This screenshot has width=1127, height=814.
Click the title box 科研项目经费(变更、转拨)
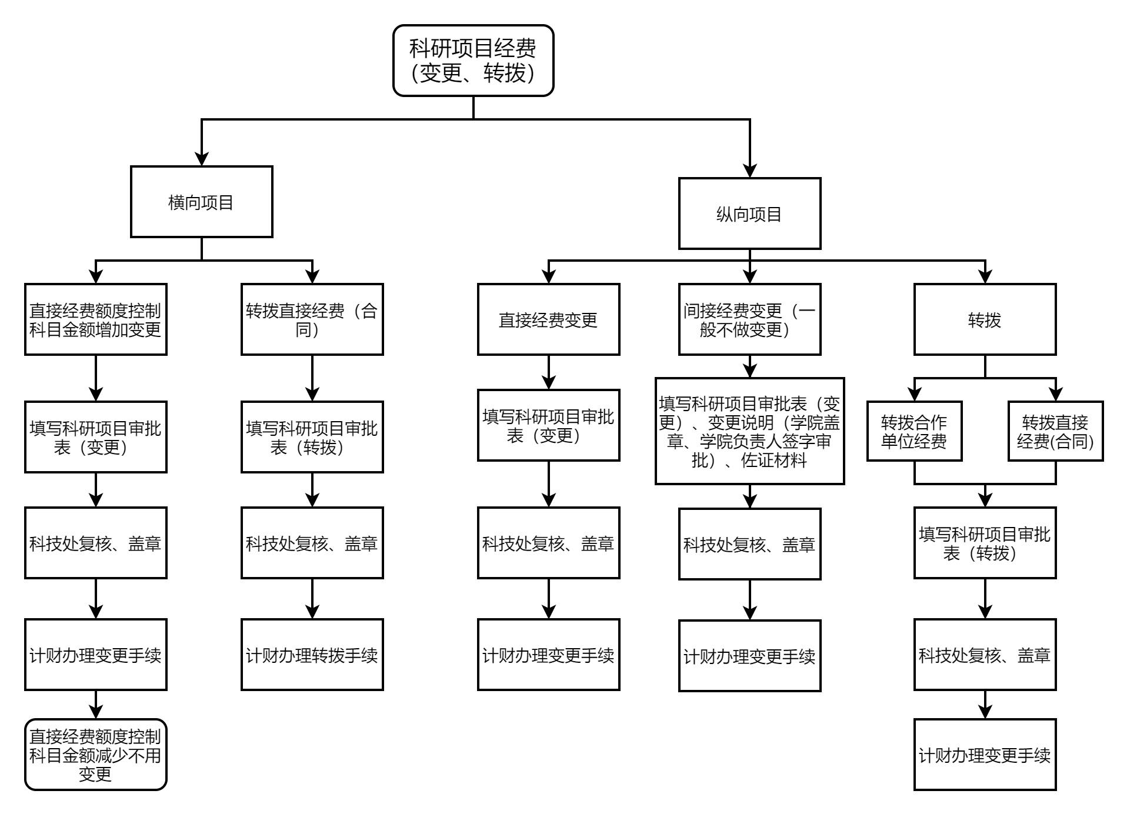point(473,61)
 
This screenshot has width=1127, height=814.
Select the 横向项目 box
point(201,202)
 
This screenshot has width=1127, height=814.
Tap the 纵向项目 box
point(749,213)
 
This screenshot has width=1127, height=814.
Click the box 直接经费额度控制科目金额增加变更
point(95,319)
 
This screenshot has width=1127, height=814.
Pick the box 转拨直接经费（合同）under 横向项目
point(312,319)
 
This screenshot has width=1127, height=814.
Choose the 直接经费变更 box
point(548,319)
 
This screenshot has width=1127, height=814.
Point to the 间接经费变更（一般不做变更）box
point(749,319)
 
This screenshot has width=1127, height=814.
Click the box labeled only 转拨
point(985,319)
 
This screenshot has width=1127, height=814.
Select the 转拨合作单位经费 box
point(914,431)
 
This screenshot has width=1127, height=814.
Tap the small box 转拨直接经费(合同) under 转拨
point(1055,431)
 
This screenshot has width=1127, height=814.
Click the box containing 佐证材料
point(749,431)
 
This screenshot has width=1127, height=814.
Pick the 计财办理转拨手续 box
point(312,655)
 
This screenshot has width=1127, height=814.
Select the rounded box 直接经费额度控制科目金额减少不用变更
point(95,755)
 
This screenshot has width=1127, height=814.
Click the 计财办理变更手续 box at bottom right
point(985,755)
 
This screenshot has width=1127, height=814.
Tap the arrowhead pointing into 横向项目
point(202,159)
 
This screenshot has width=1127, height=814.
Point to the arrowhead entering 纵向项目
point(749,171)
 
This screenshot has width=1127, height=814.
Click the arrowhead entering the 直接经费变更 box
point(548,276)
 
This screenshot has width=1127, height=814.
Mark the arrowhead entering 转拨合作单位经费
point(914,394)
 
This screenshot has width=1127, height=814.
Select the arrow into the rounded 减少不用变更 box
point(95,712)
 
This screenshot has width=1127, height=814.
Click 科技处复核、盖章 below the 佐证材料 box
point(749,544)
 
